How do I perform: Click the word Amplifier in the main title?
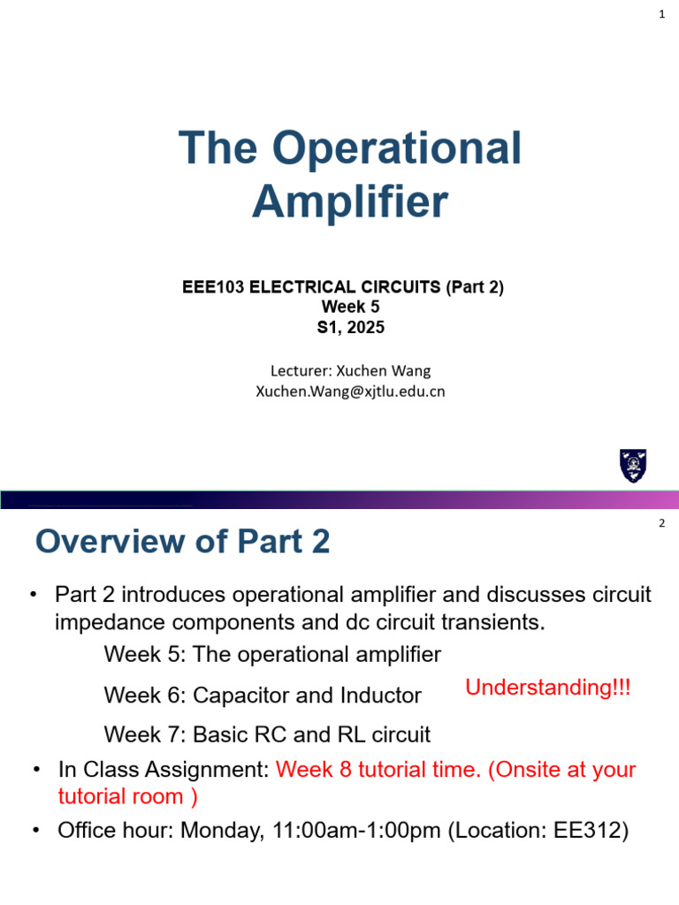tap(349, 202)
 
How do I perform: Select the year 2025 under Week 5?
tap(365, 328)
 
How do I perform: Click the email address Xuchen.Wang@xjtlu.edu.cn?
tap(350, 391)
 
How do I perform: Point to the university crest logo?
tap(633, 466)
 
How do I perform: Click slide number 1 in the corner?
tap(661, 13)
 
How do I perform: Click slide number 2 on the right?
tap(661, 524)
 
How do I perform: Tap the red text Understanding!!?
tap(548, 688)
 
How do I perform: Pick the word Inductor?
tap(380, 696)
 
